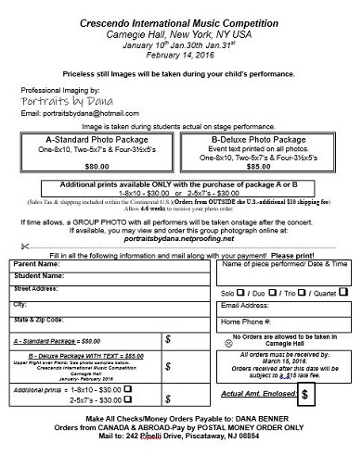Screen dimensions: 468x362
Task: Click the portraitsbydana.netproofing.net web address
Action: click(181, 239)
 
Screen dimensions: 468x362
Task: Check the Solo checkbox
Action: click(243, 291)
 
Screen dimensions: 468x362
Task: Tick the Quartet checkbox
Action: click(343, 291)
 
